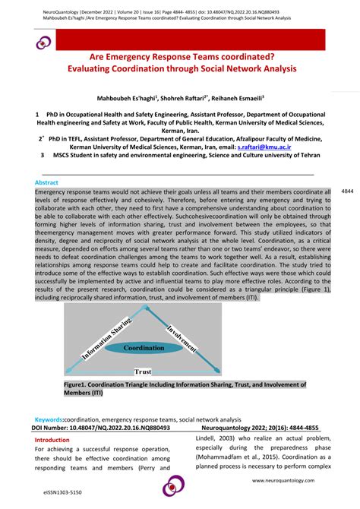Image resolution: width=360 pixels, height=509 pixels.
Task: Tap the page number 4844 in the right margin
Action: tap(348, 191)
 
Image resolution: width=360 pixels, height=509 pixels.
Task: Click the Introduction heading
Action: tap(52, 439)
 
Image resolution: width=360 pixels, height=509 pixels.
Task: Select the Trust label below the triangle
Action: tap(143, 371)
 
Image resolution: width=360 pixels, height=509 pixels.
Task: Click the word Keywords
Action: tap(49, 419)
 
